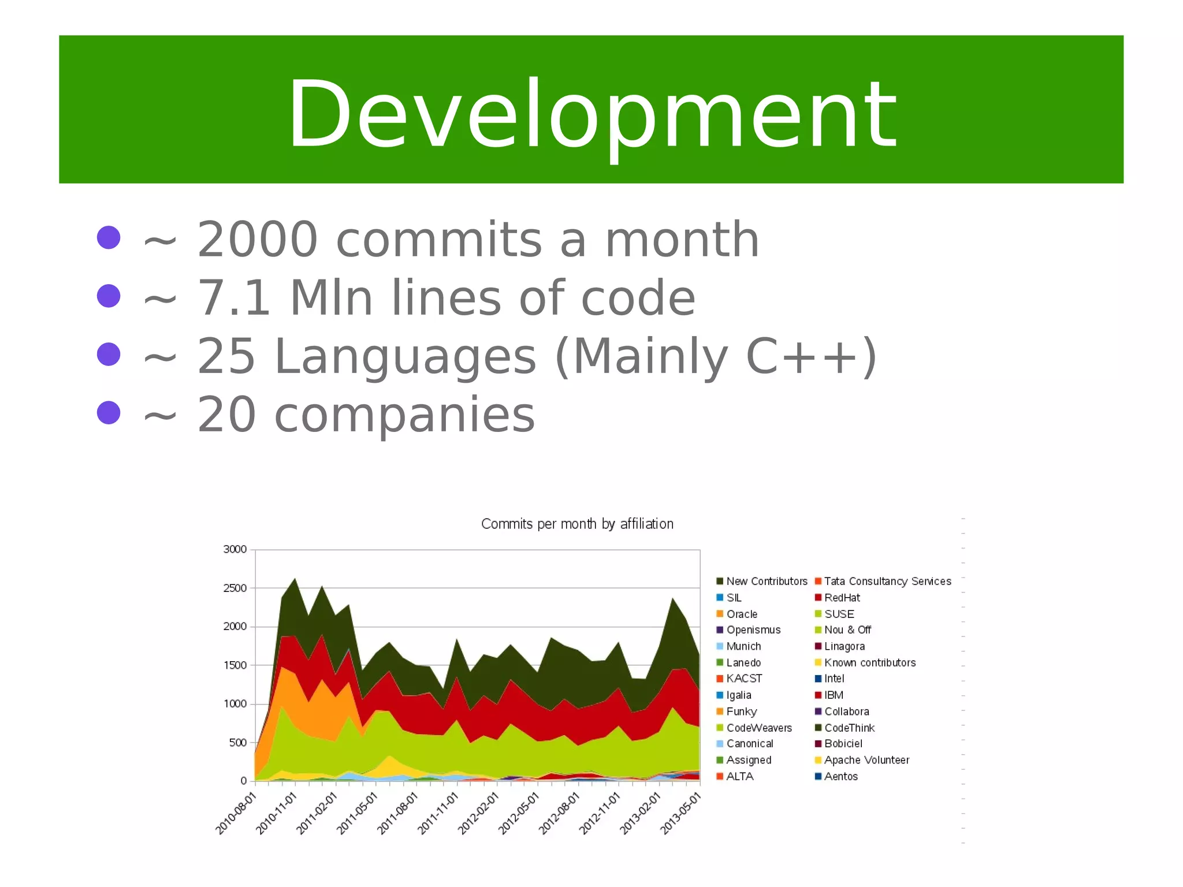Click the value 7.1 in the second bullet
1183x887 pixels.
(234, 298)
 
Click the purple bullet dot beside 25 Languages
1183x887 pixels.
(109, 354)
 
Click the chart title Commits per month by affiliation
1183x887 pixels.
(577, 524)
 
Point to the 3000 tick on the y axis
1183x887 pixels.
(235, 549)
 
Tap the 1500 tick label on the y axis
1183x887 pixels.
(235, 665)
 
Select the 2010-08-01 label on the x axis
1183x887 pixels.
(236, 814)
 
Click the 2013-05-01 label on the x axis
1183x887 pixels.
(680, 814)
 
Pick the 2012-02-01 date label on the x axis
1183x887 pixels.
(478, 814)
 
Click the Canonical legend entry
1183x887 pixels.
(749, 744)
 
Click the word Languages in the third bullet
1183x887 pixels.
(405, 356)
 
